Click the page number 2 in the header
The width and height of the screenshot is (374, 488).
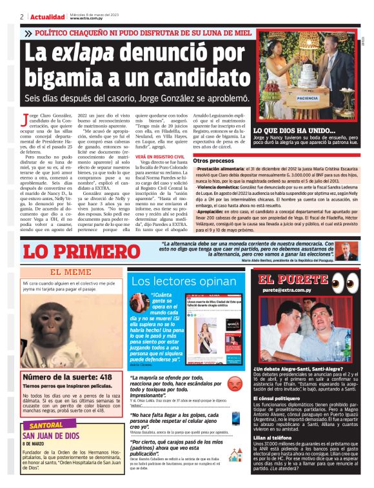(x=21, y=17)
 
